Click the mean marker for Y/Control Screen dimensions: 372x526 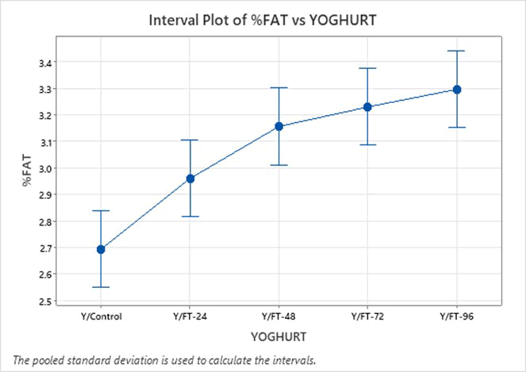[102, 249]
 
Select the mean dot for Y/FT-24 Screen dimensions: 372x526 [190, 178]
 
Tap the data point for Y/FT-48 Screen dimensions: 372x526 [279, 126]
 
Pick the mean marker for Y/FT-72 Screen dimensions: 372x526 [368, 106]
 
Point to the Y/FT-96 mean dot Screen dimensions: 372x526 [457, 90]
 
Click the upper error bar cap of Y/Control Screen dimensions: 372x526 [102, 211]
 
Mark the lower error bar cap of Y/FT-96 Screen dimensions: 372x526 [457, 127]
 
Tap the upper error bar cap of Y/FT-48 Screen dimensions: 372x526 [279, 88]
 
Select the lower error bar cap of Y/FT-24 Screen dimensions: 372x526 [190, 217]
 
